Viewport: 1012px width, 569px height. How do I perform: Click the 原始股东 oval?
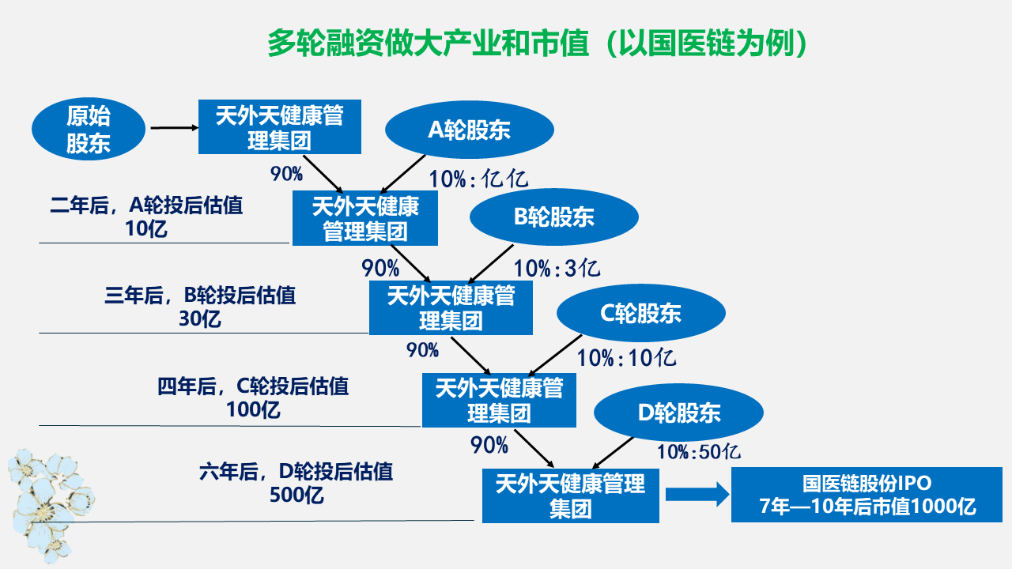click(89, 129)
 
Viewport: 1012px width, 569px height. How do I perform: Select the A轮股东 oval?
click(470, 130)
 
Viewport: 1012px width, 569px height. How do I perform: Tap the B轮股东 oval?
click(554, 217)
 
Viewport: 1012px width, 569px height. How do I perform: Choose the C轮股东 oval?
click(641, 312)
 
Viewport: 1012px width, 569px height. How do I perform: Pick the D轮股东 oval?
click(678, 413)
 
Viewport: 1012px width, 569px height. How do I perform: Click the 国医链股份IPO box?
click(867, 495)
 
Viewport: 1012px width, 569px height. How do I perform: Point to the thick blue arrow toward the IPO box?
click(697, 495)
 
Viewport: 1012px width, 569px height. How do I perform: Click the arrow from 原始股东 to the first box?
click(175, 128)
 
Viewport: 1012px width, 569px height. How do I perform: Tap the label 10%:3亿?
click(557, 268)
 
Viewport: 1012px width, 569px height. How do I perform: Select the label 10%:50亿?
click(698, 451)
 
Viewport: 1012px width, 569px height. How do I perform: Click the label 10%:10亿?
click(627, 358)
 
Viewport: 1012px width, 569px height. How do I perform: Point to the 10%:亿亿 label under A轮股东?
click(478, 179)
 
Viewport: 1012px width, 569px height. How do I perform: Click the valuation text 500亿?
click(296, 495)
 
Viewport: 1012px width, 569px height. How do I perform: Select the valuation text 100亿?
click(253, 409)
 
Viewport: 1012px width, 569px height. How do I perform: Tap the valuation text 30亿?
click(200, 318)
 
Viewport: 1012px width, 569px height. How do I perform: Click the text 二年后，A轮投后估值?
click(146, 205)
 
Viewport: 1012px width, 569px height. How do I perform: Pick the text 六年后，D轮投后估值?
click(296, 472)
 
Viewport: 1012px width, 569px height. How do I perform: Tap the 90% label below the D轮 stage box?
click(489, 445)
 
